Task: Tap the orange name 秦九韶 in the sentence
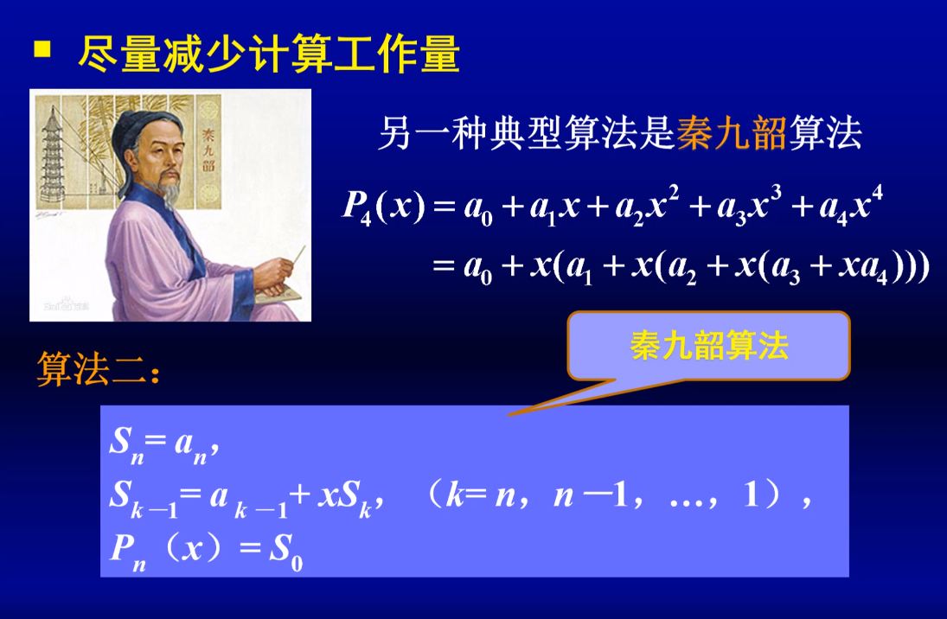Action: [731, 135]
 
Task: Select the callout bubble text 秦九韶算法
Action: [709, 347]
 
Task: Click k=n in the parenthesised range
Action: [476, 497]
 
